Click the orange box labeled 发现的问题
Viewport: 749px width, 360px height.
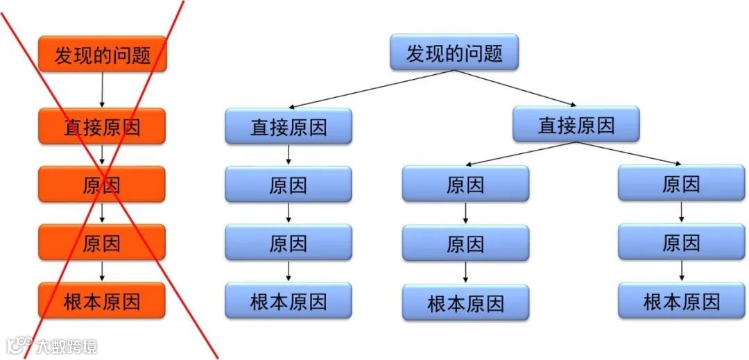(x=102, y=54)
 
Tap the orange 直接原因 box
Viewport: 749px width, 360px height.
(x=102, y=126)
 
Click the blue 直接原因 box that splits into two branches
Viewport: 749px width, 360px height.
(x=576, y=125)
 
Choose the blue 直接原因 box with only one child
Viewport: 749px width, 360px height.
(x=289, y=127)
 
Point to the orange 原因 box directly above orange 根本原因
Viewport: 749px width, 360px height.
(x=102, y=242)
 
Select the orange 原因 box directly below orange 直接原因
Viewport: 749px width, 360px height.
(x=102, y=185)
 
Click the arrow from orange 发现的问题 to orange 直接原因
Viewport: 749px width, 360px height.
(x=102, y=89)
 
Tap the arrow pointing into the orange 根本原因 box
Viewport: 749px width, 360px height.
(x=102, y=270)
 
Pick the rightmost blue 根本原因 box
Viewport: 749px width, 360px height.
(x=681, y=301)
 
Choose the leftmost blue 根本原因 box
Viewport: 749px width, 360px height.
(x=289, y=301)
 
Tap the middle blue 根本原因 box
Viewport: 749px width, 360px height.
(x=465, y=303)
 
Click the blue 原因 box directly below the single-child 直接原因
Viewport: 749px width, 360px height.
(x=289, y=185)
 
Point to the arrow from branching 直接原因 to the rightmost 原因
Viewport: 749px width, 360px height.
(x=631, y=153)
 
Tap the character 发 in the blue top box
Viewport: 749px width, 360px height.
(x=415, y=53)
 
